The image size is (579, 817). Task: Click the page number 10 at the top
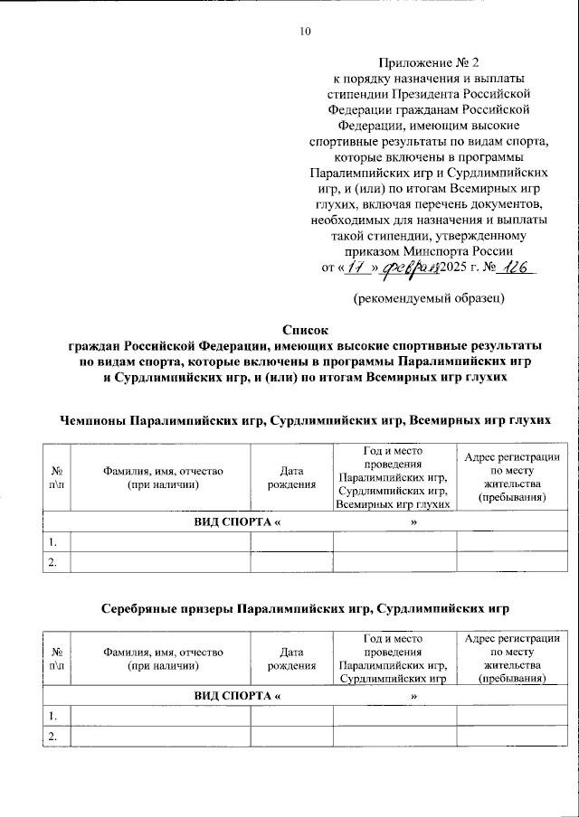[x=305, y=33]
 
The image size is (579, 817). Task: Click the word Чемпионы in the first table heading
[x=93, y=422]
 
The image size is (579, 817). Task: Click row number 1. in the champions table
[x=54, y=542]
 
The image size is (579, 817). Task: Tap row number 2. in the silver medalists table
[x=54, y=737]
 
